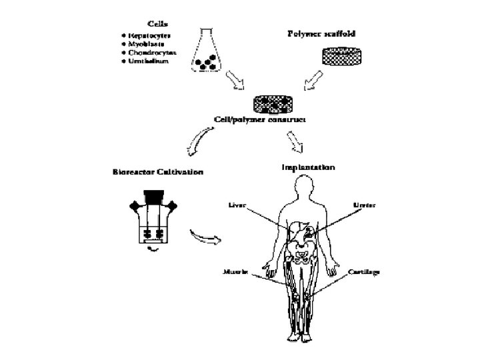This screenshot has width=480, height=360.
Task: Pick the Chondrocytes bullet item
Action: (146, 51)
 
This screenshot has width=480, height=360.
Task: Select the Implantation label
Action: (307, 167)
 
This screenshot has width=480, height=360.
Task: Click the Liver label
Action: (237, 205)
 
